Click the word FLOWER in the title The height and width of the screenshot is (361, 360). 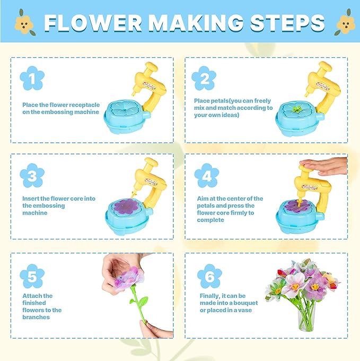pos(93,22)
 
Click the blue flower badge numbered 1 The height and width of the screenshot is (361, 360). pos(32,78)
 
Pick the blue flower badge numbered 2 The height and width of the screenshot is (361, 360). pos(204,78)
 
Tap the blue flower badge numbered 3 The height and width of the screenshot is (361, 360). pos(32,176)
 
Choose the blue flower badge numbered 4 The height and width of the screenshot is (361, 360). pos(207,176)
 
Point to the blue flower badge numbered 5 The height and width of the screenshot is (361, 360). pos(32,276)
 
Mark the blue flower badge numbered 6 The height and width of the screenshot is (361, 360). pos(209,276)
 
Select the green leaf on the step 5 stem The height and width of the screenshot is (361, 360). pos(143,301)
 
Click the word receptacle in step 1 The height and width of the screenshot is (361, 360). pos(84,105)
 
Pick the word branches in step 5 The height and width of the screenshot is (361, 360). pos(36,317)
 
